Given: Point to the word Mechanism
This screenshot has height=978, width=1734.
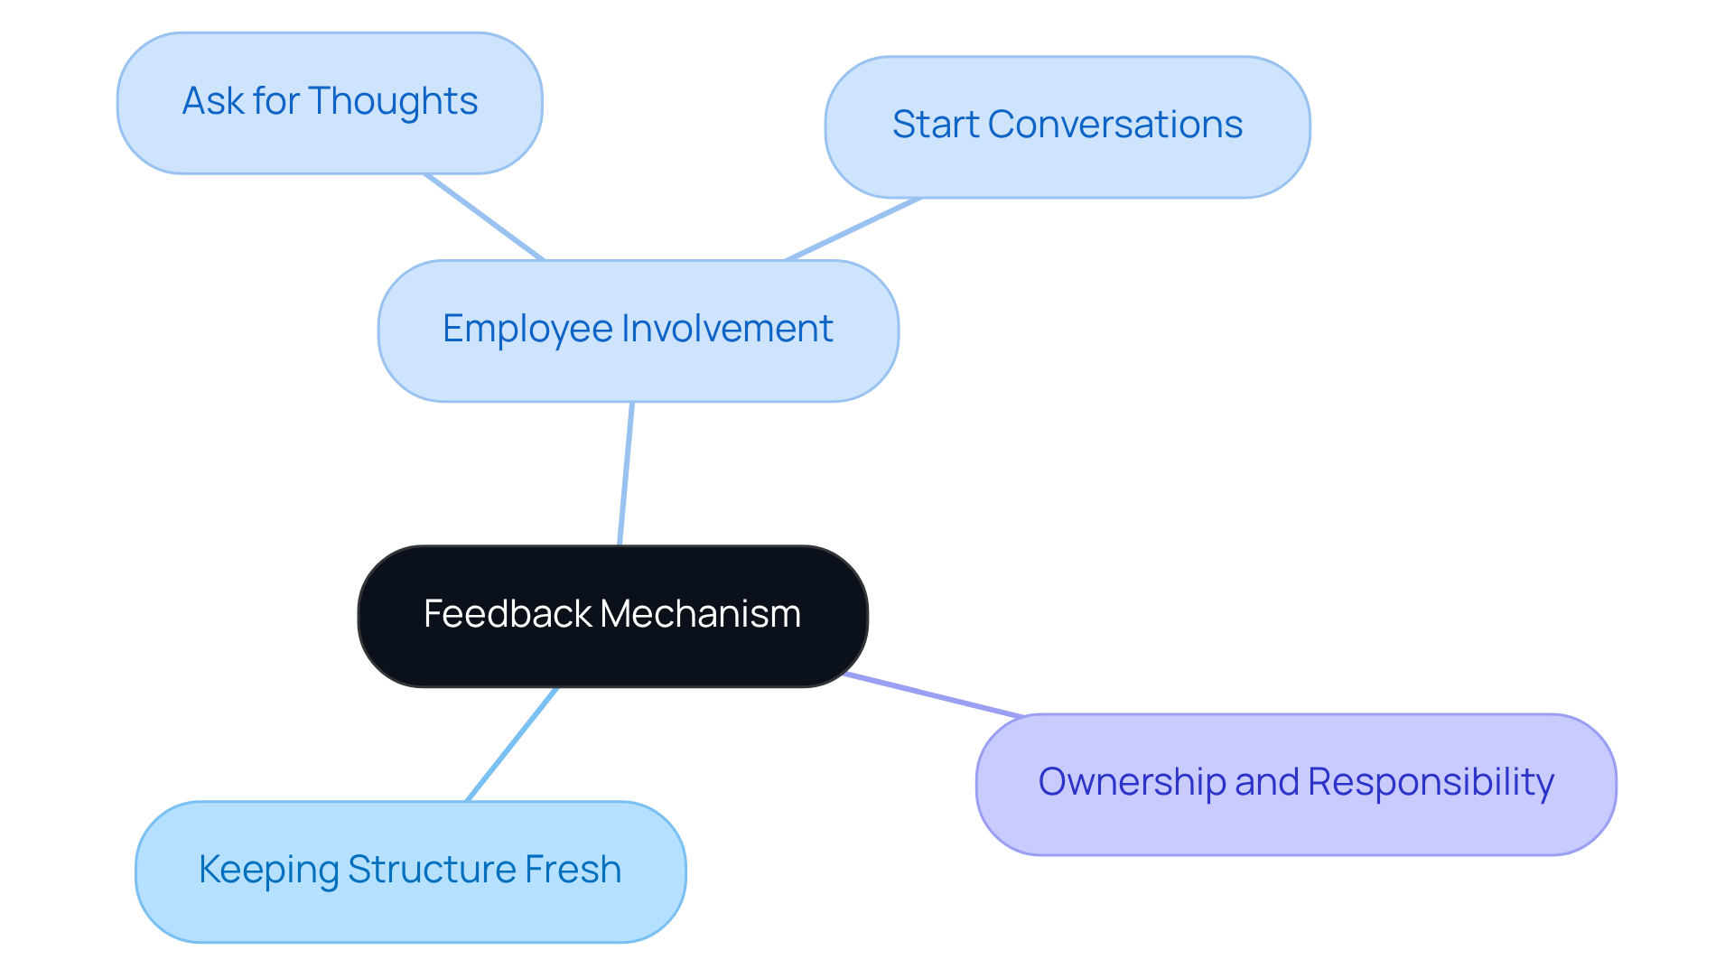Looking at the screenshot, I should pos(700,614).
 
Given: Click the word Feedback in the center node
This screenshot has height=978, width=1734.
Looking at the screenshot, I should pos(508,614).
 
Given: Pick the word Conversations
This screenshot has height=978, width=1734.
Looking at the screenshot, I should pos(1114,125).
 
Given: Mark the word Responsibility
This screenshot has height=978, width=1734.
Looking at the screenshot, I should pos(1431,782).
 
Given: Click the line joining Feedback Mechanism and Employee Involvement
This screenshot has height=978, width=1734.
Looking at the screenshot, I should pos(626,473).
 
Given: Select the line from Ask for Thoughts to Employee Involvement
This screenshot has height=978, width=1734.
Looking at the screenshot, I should pos(484,217).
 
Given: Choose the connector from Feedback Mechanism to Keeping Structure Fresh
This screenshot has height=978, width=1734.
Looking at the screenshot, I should pos(512,743).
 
